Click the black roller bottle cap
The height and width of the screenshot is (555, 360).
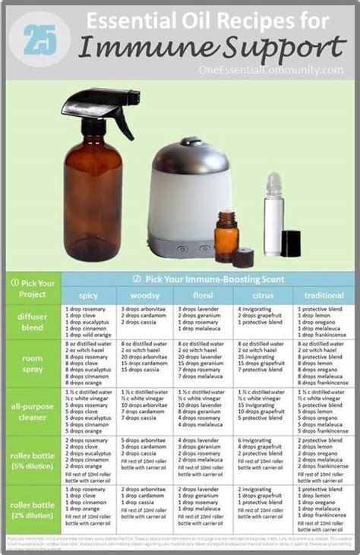click(x=291, y=243)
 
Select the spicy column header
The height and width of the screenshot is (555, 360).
click(x=88, y=295)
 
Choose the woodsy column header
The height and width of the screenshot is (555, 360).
click(x=144, y=295)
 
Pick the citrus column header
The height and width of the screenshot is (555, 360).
click(x=262, y=295)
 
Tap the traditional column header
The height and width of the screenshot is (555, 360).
click(x=324, y=295)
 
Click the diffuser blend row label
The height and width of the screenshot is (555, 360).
click(x=33, y=321)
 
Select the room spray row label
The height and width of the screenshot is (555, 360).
click(x=33, y=364)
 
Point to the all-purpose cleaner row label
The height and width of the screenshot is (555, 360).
click(x=33, y=412)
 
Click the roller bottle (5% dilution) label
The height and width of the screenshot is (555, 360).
click(x=33, y=461)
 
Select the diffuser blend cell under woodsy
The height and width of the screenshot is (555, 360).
click(x=144, y=316)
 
